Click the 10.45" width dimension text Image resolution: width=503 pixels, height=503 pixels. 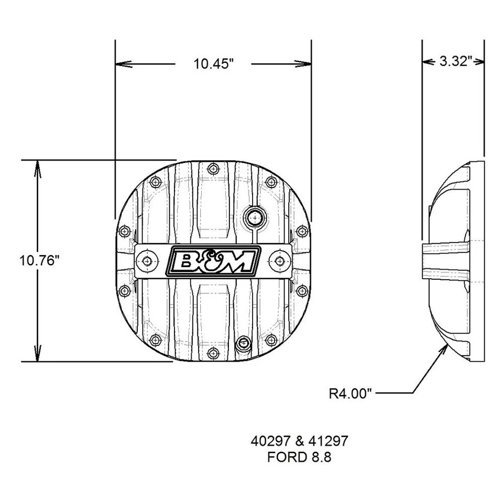click(x=213, y=64)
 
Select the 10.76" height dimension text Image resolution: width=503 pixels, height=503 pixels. click(x=37, y=260)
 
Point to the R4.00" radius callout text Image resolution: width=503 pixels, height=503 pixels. click(x=350, y=393)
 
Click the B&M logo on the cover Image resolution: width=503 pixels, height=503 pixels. click(x=212, y=260)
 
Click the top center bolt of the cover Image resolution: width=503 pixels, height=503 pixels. click(x=212, y=169)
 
